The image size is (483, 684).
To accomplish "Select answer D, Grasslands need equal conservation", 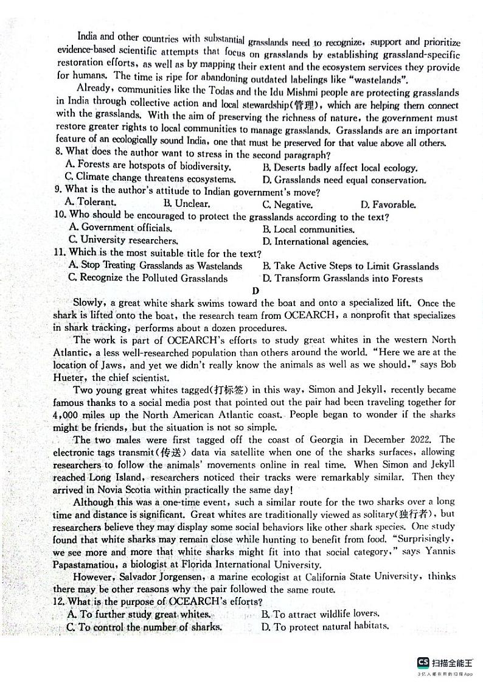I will [344, 180].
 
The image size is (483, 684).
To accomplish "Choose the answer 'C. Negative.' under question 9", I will [287, 204].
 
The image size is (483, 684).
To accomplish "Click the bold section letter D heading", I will [255, 291].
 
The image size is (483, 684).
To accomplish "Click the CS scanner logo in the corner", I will [423, 663].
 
